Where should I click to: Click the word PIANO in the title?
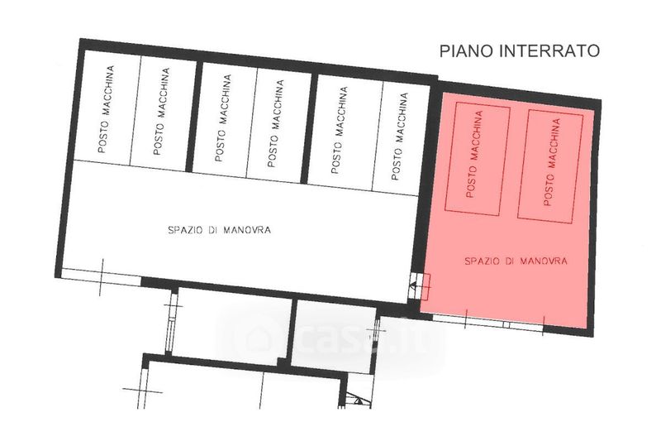pos(467,50)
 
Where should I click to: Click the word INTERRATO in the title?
pos(549,50)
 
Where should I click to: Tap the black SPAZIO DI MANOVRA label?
pos(219,230)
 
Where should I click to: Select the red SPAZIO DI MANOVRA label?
pos(516,261)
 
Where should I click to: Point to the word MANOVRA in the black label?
pos(247,230)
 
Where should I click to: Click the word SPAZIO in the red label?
pos(483,261)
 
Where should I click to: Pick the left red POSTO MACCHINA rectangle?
pos(478,158)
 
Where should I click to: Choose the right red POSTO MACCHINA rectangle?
pos(550,166)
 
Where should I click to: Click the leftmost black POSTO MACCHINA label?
pos(106,109)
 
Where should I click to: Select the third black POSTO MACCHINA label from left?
pos(222,117)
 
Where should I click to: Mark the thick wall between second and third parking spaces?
pos(193,117)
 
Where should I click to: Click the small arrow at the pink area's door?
pos(413,285)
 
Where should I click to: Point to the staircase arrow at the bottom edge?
pos(358,400)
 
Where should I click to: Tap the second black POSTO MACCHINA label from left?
pos(161,112)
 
